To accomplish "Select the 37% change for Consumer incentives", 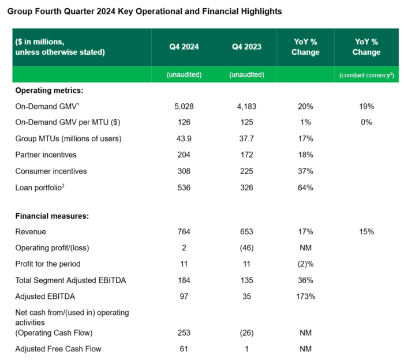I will click(x=306, y=171).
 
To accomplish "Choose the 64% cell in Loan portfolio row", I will click(x=306, y=187).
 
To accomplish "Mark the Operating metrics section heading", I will click(x=49, y=91).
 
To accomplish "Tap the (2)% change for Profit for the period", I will click(x=306, y=264).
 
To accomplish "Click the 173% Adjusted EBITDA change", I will click(x=306, y=296).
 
